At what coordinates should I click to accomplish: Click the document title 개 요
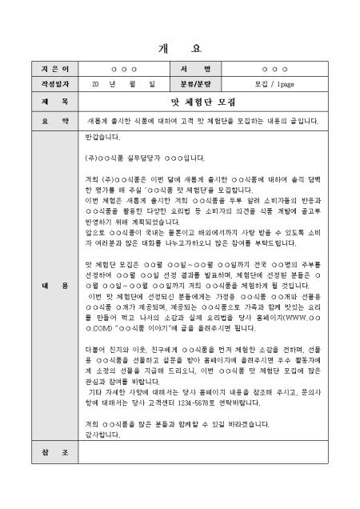[180, 46]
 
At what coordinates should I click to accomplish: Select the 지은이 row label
[55, 69]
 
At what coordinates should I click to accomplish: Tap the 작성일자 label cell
[55, 82]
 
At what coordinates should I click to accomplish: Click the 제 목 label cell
[55, 102]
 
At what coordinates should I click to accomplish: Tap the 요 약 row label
[55, 121]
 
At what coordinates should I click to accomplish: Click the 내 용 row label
[55, 286]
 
